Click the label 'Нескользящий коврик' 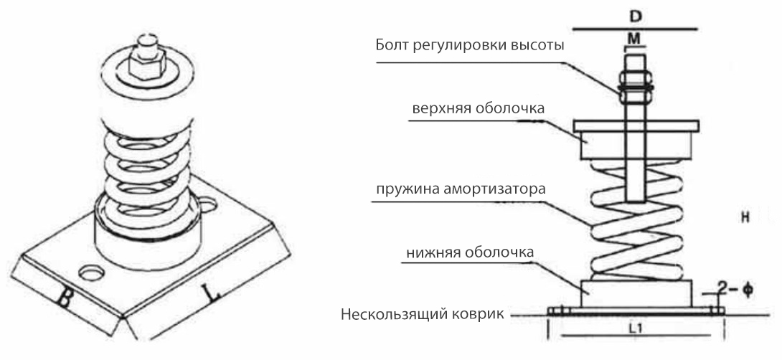click(x=424, y=315)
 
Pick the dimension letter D click(x=635, y=14)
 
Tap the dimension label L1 click(x=636, y=329)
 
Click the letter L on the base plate click(x=207, y=294)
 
